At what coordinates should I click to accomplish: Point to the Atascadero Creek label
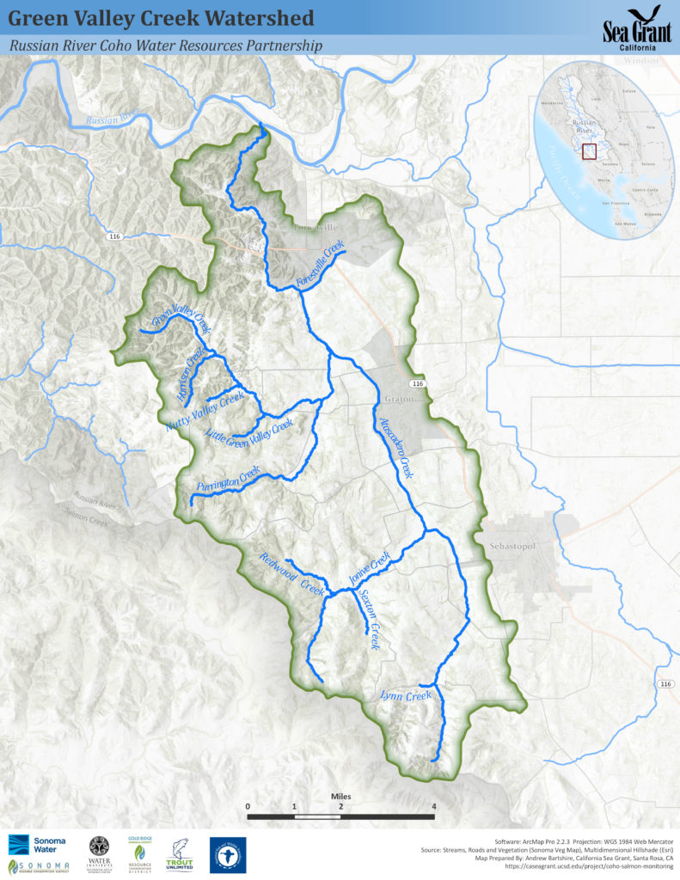(x=397, y=449)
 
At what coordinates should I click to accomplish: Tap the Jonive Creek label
(x=371, y=570)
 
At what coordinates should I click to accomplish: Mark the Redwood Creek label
(x=291, y=575)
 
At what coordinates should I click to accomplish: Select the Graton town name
(x=400, y=400)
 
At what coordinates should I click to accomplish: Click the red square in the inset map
(x=589, y=151)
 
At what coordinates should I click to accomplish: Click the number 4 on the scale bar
(x=434, y=806)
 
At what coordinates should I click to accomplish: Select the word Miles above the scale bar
(x=340, y=796)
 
